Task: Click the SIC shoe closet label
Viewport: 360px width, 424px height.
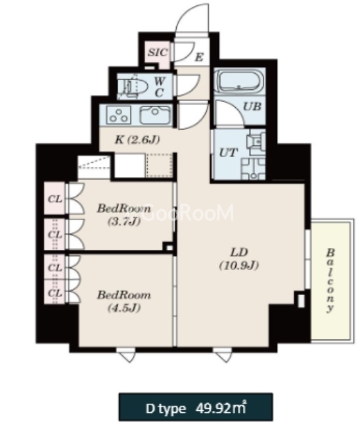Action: click(x=157, y=52)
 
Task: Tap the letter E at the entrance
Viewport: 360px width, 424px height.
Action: click(x=199, y=57)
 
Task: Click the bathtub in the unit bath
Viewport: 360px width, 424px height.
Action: click(x=240, y=80)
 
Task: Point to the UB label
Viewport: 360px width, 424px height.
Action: click(x=252, y=106)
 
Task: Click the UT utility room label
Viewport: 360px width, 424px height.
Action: click(x=229, y=153)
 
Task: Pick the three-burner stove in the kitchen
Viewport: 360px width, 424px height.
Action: click(x=119, y=114)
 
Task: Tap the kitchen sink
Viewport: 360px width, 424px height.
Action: click(x=155, y=114)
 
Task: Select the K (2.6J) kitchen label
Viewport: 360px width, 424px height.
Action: click(x=137, y=140)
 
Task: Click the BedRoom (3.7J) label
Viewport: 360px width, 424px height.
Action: click(x=124, y=215)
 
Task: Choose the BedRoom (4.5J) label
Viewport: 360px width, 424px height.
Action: click(x=124, y=301)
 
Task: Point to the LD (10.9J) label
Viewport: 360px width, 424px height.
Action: click(x=239, y=259)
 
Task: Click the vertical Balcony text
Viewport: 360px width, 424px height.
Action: click(x=330, y=281)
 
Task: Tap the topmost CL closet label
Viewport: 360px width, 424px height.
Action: click(x=55, y=199)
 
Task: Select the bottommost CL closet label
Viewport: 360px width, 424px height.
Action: click(x=55, y=293)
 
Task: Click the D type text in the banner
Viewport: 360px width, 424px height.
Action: click(x=166, y=408)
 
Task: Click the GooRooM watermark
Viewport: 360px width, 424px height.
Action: click(x=187, y=213)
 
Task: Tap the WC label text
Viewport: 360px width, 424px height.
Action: click(x=159, y=87)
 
